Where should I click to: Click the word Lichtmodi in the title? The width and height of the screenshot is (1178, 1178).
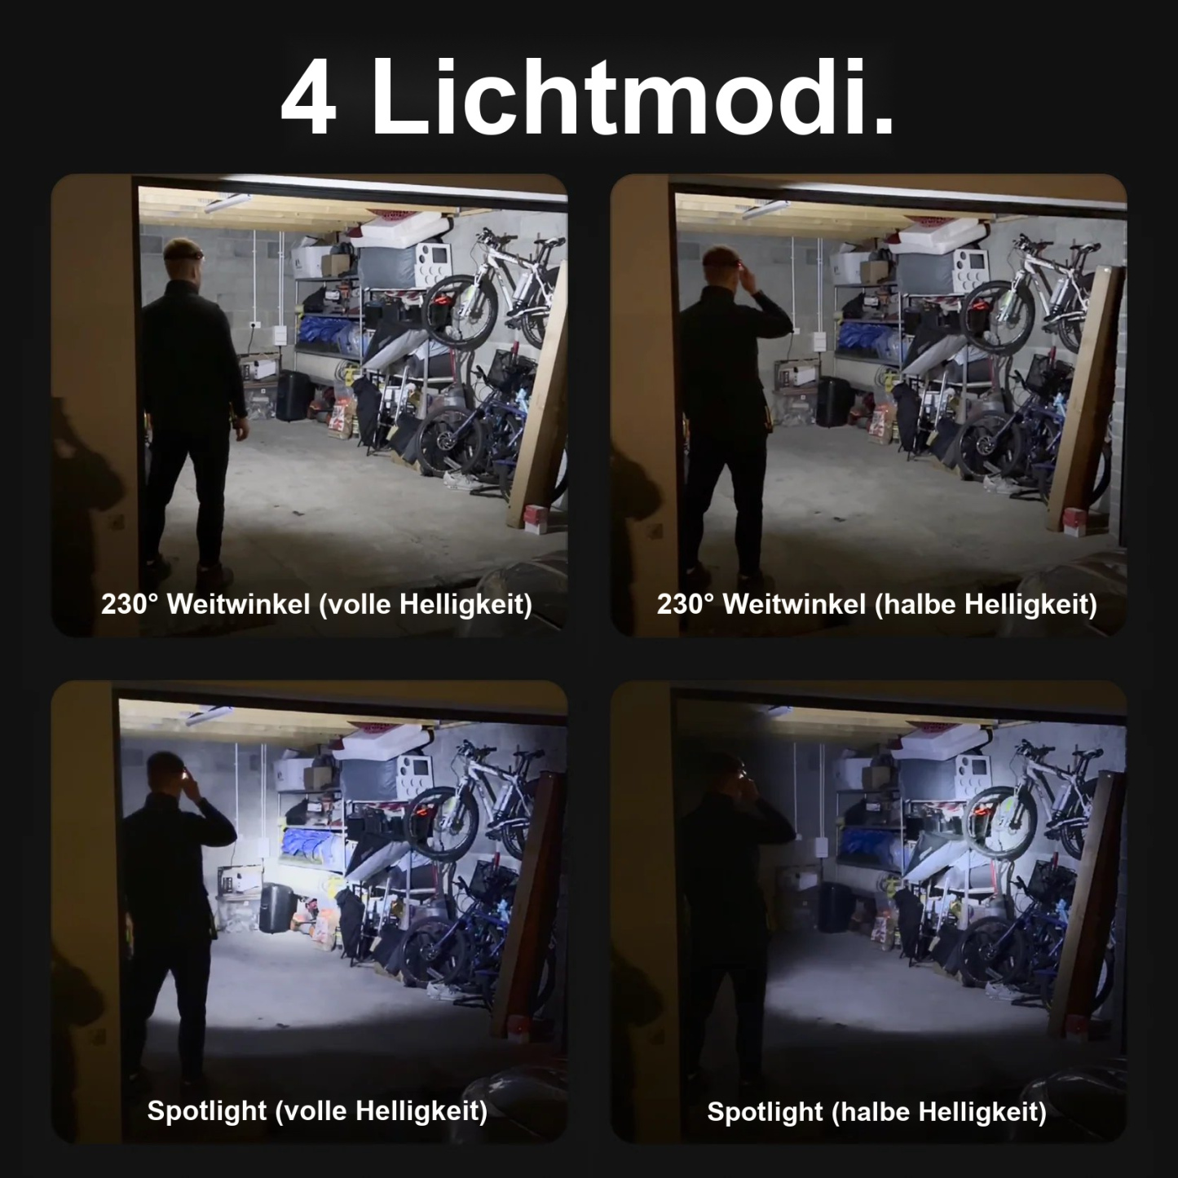coord(632,96)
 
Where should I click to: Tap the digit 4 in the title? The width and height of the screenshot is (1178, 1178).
coord(308,98)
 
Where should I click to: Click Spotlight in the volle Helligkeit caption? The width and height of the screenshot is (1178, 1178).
coord(206,1111)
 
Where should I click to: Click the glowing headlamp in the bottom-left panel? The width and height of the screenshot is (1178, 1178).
coord(184,774)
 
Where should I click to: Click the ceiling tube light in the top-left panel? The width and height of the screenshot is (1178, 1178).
coord(227,202)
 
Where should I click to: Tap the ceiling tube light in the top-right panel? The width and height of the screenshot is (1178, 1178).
coord(765,209)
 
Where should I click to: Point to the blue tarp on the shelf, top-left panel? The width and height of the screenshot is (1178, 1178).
coord(329,334)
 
